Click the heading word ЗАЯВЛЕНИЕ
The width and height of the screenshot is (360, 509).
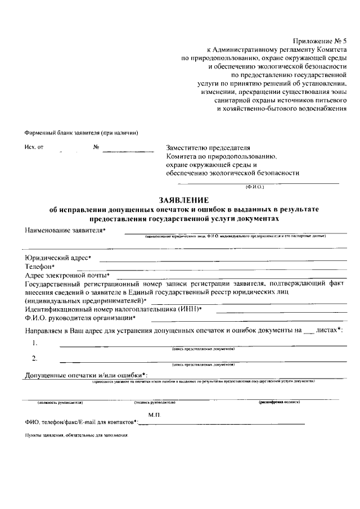[184, 200]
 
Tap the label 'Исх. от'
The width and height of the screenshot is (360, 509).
[34, 147]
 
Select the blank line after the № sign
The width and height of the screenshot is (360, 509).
[128, 148]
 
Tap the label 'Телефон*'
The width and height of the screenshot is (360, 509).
[39, 266]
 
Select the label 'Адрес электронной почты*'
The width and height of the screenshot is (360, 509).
[67, 275]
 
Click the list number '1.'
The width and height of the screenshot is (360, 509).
[35, 343]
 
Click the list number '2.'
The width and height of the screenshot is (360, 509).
[35, 358]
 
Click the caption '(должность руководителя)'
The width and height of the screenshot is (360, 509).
[60, 403]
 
